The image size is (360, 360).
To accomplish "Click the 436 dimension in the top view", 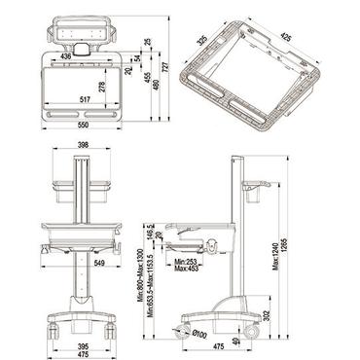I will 65,57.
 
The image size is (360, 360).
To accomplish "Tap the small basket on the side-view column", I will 254,190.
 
